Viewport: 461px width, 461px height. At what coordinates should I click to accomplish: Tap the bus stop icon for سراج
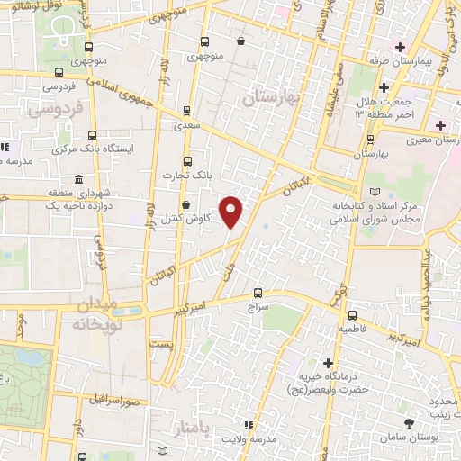pyautogui.click(x=258, y=293)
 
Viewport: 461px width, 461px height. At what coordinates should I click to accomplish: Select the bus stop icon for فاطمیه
pyautogui.click(x=351, y=315)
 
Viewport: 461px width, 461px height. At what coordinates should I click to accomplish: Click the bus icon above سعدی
pyautogui.click(x=186, y=111)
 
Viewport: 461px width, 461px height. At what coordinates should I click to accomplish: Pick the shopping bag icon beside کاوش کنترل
pyautogui.click(x=185, y=205)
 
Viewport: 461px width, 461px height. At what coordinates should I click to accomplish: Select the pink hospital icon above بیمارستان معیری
pyautogui.click(x=440, y=124)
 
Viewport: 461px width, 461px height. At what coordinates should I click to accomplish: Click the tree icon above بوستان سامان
pyautogui.click(x=410, y=421)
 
